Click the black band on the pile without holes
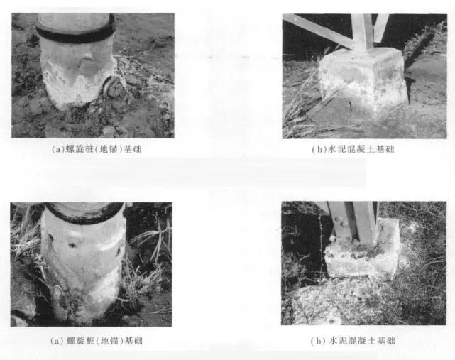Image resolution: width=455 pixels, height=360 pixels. click(x=75, y=33)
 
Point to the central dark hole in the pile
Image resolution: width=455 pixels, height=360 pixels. click(x=72, y=245)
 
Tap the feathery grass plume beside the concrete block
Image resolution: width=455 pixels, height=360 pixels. click(x=424, y=43)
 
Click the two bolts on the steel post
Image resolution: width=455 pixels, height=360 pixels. click(x=340, y=222)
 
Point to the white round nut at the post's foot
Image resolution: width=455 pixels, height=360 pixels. click(x=333, y=239)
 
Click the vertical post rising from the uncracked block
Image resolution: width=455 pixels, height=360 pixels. click(x=362, y=33)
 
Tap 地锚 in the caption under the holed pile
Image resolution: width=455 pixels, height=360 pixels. click(x=109, y=341)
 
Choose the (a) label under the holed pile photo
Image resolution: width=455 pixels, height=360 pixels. click(x=57, y=341)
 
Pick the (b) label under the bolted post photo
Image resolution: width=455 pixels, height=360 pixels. click(x=317, y=341)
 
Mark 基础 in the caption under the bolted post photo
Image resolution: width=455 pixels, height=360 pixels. click(x=386, y=341)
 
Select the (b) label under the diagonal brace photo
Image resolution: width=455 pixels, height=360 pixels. click(x=319, y=150)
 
